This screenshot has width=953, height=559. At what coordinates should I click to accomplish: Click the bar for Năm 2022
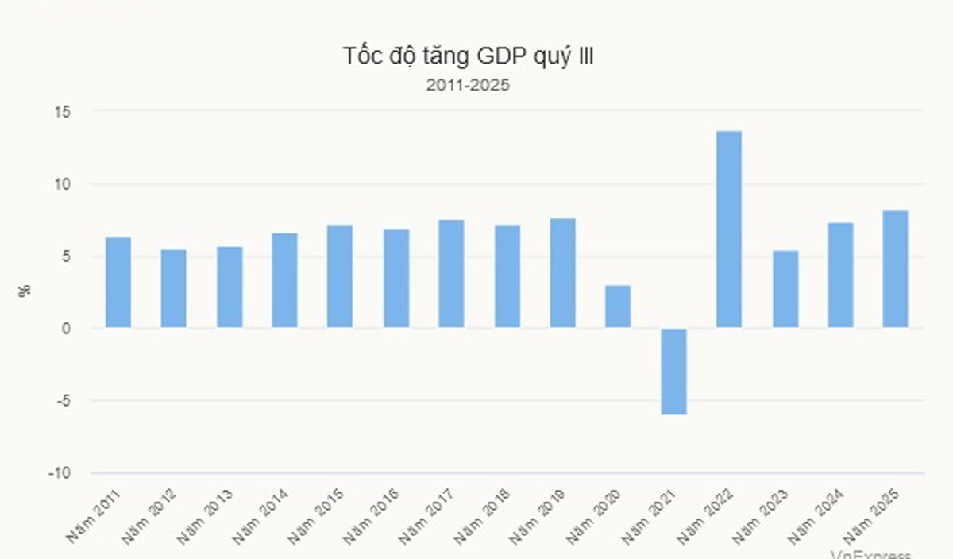click(728, 229)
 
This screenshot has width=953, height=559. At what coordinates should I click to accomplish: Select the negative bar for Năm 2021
click(673, 371)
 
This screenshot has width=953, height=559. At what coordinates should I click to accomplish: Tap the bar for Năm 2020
click(617, 306)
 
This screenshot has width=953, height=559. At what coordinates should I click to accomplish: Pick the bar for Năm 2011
click(118, 282)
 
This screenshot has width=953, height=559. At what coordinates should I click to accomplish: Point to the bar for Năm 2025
click(895, 269)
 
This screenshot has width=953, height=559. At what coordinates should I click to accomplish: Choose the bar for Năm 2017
click(451, 274)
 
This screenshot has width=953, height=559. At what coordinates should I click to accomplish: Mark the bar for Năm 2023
click(785, 289)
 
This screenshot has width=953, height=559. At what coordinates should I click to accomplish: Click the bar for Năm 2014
click(284, 280)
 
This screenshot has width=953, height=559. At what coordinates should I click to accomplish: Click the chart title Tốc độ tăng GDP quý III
click(468, 57)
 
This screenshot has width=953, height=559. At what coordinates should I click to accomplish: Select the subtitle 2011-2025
click(468, 85)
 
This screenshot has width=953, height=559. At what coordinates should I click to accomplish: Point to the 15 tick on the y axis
click(63, 112)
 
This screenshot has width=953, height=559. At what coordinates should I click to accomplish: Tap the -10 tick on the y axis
click(60, 473)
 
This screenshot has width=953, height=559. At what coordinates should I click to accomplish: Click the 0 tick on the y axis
click(67, 329)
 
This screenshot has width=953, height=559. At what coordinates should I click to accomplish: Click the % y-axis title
click(25, 291)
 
